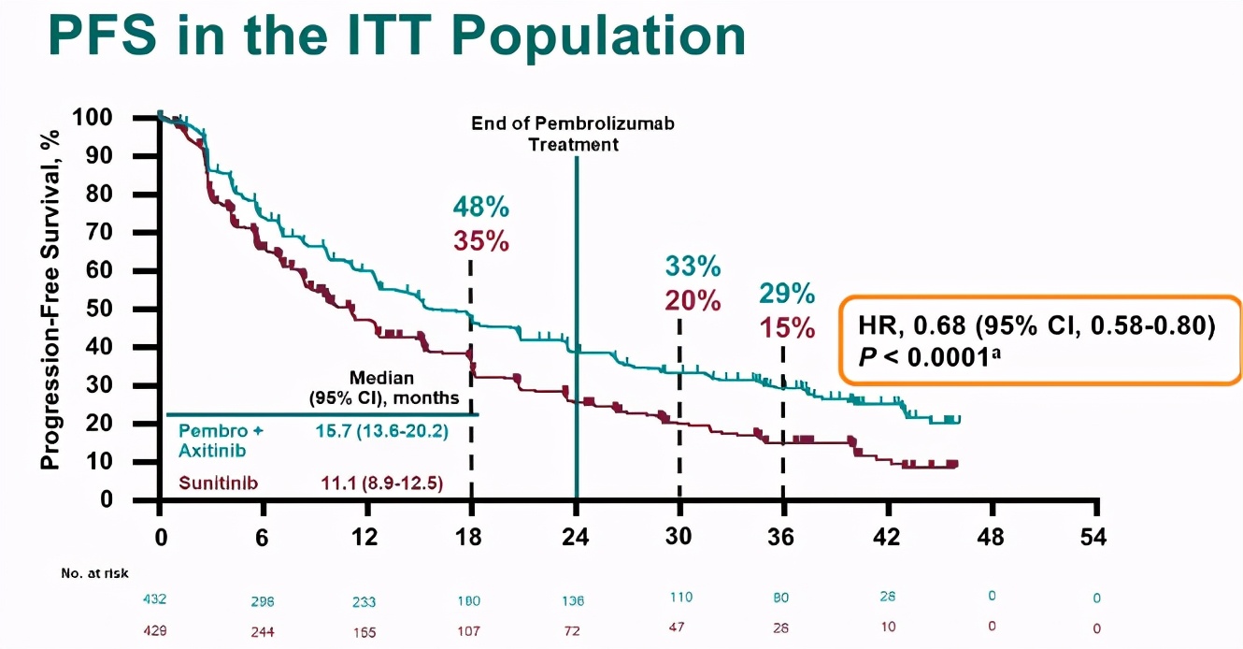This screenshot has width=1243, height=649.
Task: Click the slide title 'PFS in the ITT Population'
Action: [x=396, y=36]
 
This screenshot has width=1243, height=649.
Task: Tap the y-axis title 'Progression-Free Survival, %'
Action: [x=51, y=299]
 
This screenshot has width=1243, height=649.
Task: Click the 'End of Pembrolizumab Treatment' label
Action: [x=573, y=134]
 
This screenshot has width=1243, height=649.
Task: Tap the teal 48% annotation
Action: [x=481, y=207]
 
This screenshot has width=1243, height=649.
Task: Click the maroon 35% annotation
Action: [x=481, y=241]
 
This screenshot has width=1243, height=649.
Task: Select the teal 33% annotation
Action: [x=693, y=267]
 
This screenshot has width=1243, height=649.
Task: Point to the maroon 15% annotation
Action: [x=786, y=329]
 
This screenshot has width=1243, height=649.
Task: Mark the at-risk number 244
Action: [x=263, y=631]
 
